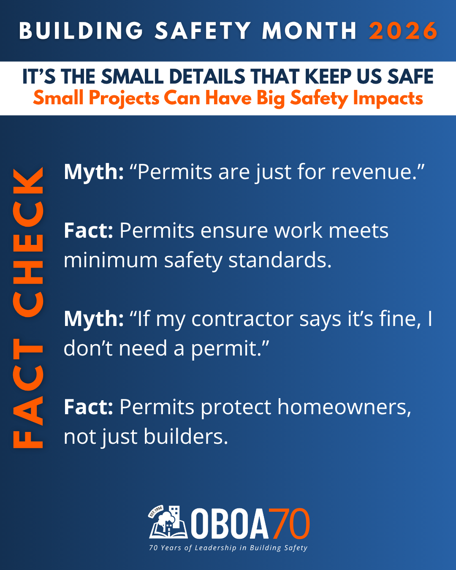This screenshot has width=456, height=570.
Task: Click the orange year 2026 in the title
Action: pyautogui.click(x=403, y=31)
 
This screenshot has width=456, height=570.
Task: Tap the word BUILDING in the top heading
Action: pyautogui.click(x=81, y=31)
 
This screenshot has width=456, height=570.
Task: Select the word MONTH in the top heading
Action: pyautogui.click(x=309, y=31)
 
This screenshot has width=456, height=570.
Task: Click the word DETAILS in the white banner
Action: pyautogui.click(x=207, y=76)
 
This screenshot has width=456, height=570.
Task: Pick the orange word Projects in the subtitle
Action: pyautogui.click(x=124, y=98)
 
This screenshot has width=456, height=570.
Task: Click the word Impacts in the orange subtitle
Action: pyautogui.click(x=388, y=98)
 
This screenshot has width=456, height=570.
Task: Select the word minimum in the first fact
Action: pyautogui.click(x=111, y=260)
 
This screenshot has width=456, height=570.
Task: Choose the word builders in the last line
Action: pyautogui.click(x=186, y=436)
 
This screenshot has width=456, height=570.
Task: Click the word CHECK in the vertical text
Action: pyautogui.click(x=28, y=242)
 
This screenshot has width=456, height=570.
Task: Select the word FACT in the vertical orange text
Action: pyautogui.click(x=28, y=393)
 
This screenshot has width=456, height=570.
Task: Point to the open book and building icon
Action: pyautogui.click(x=168, y=522)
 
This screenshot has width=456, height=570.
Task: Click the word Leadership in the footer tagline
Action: pyautogui.click(x=215, y=548)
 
